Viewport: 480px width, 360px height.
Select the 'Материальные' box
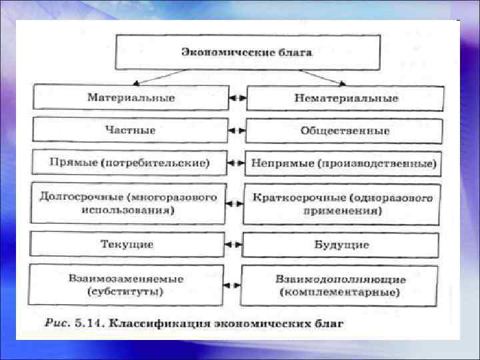tap(131, 98)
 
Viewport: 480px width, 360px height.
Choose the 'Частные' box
tap(130, 130)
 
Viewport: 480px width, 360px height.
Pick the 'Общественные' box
tap(344, 131)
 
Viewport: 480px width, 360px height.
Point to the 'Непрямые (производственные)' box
tap(344, 163)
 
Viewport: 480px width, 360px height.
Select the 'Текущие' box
tap(127, 244)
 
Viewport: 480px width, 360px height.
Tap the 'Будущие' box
tap(341, 245)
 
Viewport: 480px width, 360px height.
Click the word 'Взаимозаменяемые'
tap(125, 278)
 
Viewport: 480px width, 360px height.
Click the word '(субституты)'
tap(125, 292)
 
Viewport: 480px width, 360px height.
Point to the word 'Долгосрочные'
tap(80, 197)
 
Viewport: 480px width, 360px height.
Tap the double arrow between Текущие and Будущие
tap(233, 245)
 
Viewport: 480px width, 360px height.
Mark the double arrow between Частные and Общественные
tap(236, 131)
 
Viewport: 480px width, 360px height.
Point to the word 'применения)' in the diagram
tap(341, 211)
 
